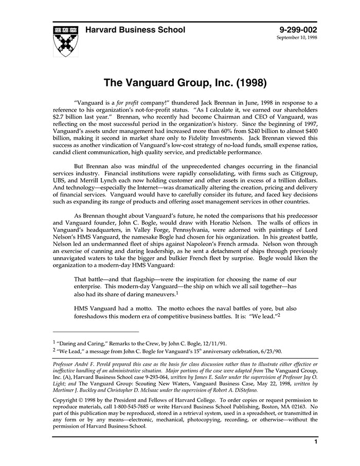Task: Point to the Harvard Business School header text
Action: [x=135, y=30]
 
